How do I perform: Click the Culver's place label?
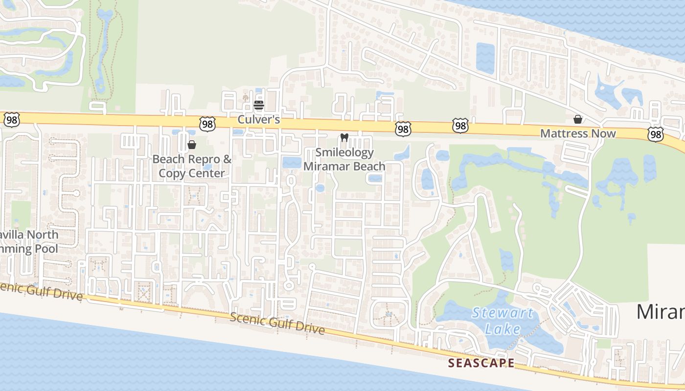(x=258, y=119)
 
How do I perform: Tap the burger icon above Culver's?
(x=259, y=105)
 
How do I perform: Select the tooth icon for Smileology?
(x=344, y=138)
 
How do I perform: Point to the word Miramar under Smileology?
(x=324, y=166)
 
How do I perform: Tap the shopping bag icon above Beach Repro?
(x=192, y=145)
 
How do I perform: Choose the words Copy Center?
(x=192, y=173)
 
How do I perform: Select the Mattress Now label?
(x=578, y=133)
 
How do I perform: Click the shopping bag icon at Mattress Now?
(x=578, y=119)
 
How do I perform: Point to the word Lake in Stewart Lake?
(x=502, y=329)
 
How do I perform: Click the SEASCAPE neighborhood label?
(x=481, y=363)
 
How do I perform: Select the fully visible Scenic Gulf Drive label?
(x=277, y=323)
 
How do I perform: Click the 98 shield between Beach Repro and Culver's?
(x=207, y=124)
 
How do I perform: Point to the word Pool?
(x=46, y=248)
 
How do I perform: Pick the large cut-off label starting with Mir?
(x=661, y=311)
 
